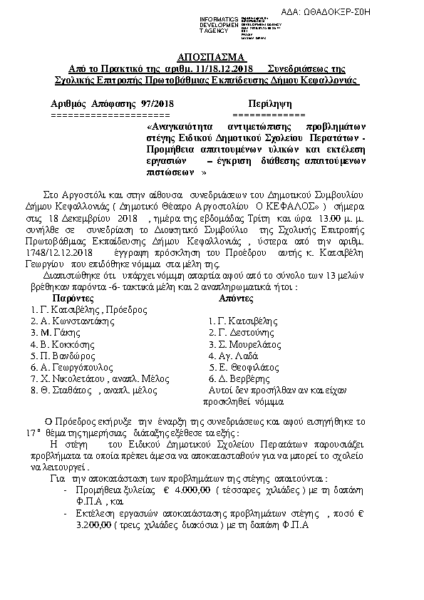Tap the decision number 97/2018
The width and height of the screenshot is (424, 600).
pyautogui.click(x=157, y=103)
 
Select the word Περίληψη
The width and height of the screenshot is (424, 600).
pyautogui.click(x=269, y=103)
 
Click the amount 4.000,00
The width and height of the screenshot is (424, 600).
pyautogui.click(x=190, y=491)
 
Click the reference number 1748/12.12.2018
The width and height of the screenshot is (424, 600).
pyautogui.click(x=63, y=252)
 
